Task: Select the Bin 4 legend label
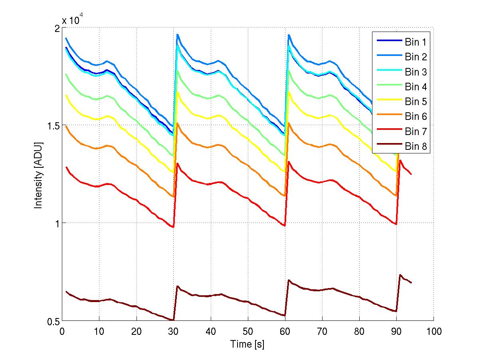[416, 87]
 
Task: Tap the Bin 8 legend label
[416, 147]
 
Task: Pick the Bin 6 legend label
[416, 117]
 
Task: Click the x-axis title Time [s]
[247, 344]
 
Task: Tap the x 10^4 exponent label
[72, 20]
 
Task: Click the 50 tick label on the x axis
[248, 331]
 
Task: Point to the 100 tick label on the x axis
[433, 331]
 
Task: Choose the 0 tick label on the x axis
[62, 331]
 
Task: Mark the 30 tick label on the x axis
[174, 331]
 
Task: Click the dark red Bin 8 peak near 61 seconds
[289, 280]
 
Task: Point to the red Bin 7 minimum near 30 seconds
[173, 227]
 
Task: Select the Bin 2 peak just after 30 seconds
[177, 35]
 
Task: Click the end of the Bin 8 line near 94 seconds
[411, 283]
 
